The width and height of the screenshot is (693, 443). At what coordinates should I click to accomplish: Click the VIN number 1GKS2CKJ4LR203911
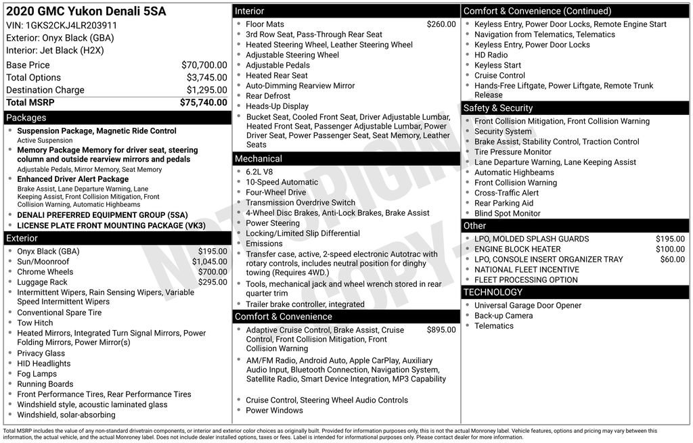(x=71, y=25)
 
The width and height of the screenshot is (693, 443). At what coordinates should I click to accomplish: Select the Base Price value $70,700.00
(x=204, y=65)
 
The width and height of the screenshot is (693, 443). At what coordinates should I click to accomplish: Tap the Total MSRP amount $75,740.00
(x=203, y=102)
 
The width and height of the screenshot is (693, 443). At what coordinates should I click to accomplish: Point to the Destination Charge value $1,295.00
(x=206, y=90)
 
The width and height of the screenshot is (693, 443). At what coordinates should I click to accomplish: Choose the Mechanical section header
(x=258, y=158)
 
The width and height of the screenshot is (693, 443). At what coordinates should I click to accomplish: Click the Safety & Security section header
(x=498, y=108)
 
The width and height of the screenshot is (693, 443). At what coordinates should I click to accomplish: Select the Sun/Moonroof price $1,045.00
(x=209, y=262)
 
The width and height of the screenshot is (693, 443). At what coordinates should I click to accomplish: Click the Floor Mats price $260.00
(x=441, y=24)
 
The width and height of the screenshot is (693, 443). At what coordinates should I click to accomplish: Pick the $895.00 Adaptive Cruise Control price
(x=441, y=330)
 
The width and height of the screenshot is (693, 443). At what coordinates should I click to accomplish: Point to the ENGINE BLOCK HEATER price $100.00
(x=670, y=249)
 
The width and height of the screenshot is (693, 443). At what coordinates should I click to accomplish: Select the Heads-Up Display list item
(x=277, y=106)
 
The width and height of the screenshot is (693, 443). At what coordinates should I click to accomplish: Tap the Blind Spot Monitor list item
(x=507, y=213)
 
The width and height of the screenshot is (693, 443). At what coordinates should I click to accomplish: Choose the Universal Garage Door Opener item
(x=527, y=305)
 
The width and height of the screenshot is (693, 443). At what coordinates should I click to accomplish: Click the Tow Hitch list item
(x=35, y=323)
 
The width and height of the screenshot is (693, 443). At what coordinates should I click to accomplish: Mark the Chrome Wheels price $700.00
(x=213, y=272)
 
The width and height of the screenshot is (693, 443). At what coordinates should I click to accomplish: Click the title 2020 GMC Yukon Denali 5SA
(x=86, y=11)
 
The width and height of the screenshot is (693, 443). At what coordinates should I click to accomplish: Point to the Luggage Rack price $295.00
(x=213, y=282)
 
